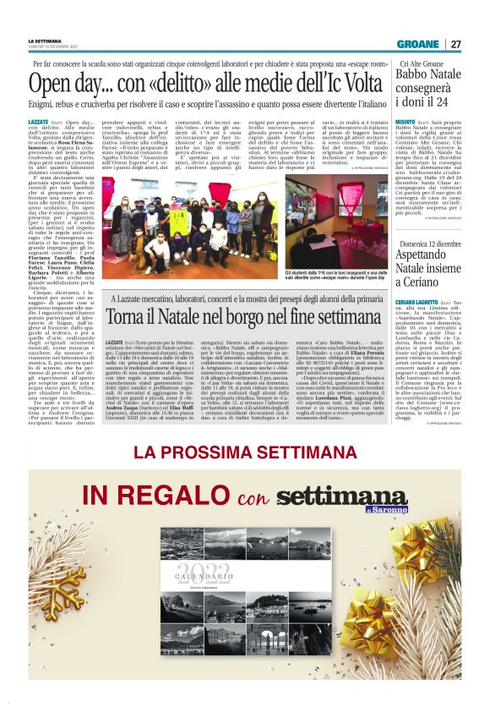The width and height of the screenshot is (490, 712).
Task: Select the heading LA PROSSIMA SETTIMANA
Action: pos(245,453)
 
